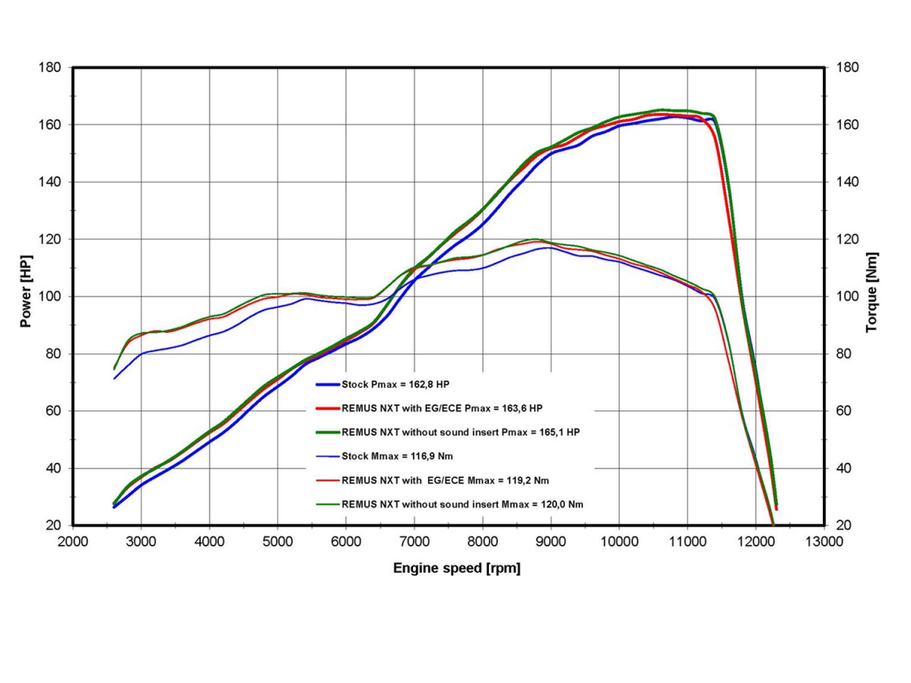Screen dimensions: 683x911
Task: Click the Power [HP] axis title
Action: [26, 296]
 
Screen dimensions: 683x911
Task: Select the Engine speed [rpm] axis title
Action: [456, 568]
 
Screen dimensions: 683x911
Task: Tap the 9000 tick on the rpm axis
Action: [550, 543]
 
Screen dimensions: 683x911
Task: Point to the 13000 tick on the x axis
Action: [824, 543]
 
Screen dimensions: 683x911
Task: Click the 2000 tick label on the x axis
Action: [74, 543]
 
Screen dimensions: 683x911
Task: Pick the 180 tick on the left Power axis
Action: [50, 68]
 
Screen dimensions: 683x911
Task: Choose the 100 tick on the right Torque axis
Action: [846, 297]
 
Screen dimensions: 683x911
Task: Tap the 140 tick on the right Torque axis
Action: [846, 182]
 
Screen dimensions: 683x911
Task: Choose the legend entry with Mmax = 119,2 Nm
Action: [446, 480]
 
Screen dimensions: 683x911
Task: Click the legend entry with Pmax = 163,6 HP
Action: [442, 408]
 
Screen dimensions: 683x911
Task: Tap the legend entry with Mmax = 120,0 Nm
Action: [462, 503]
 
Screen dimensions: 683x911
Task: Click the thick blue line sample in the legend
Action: [323, 385]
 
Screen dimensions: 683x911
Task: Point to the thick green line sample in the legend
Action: [323, 432]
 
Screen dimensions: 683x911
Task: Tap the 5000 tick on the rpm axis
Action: [277, 543]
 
